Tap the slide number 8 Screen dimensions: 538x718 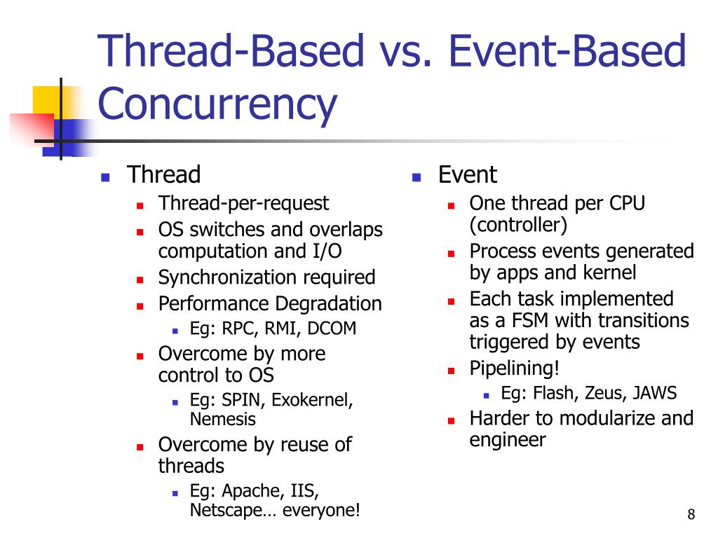pos(691,516)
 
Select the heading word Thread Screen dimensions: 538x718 pos(163,174)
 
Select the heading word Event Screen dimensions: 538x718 pos(467,174)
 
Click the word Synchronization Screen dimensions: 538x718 pos(228,278)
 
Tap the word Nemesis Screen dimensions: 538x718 pos(222,420)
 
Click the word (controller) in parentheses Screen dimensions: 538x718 pos(518,226)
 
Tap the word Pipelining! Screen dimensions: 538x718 pos(515,368)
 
